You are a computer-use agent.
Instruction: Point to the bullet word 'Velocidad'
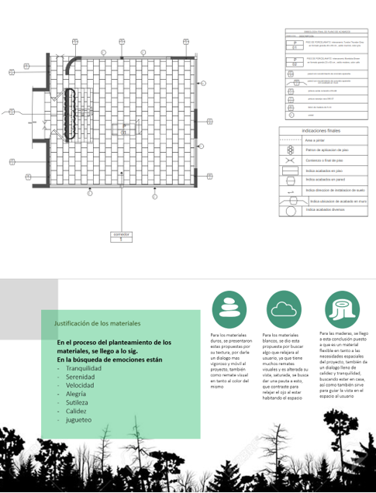tap(81, 385)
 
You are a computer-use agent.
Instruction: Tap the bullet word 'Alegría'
tap(77, 395)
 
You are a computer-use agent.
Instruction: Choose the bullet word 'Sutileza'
tap(78, 403)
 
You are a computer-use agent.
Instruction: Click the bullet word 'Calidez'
tap(77, 412)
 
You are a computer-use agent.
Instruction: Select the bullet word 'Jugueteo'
tap(80, 421)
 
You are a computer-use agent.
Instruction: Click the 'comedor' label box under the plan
tap(120, 236)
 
